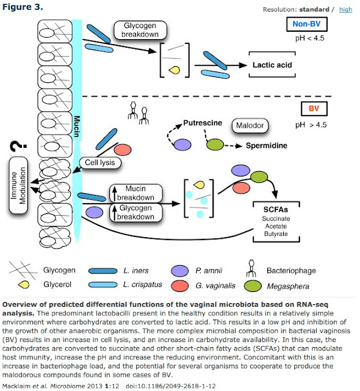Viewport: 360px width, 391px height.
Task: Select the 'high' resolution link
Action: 345,9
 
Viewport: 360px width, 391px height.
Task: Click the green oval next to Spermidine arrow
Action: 215,146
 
